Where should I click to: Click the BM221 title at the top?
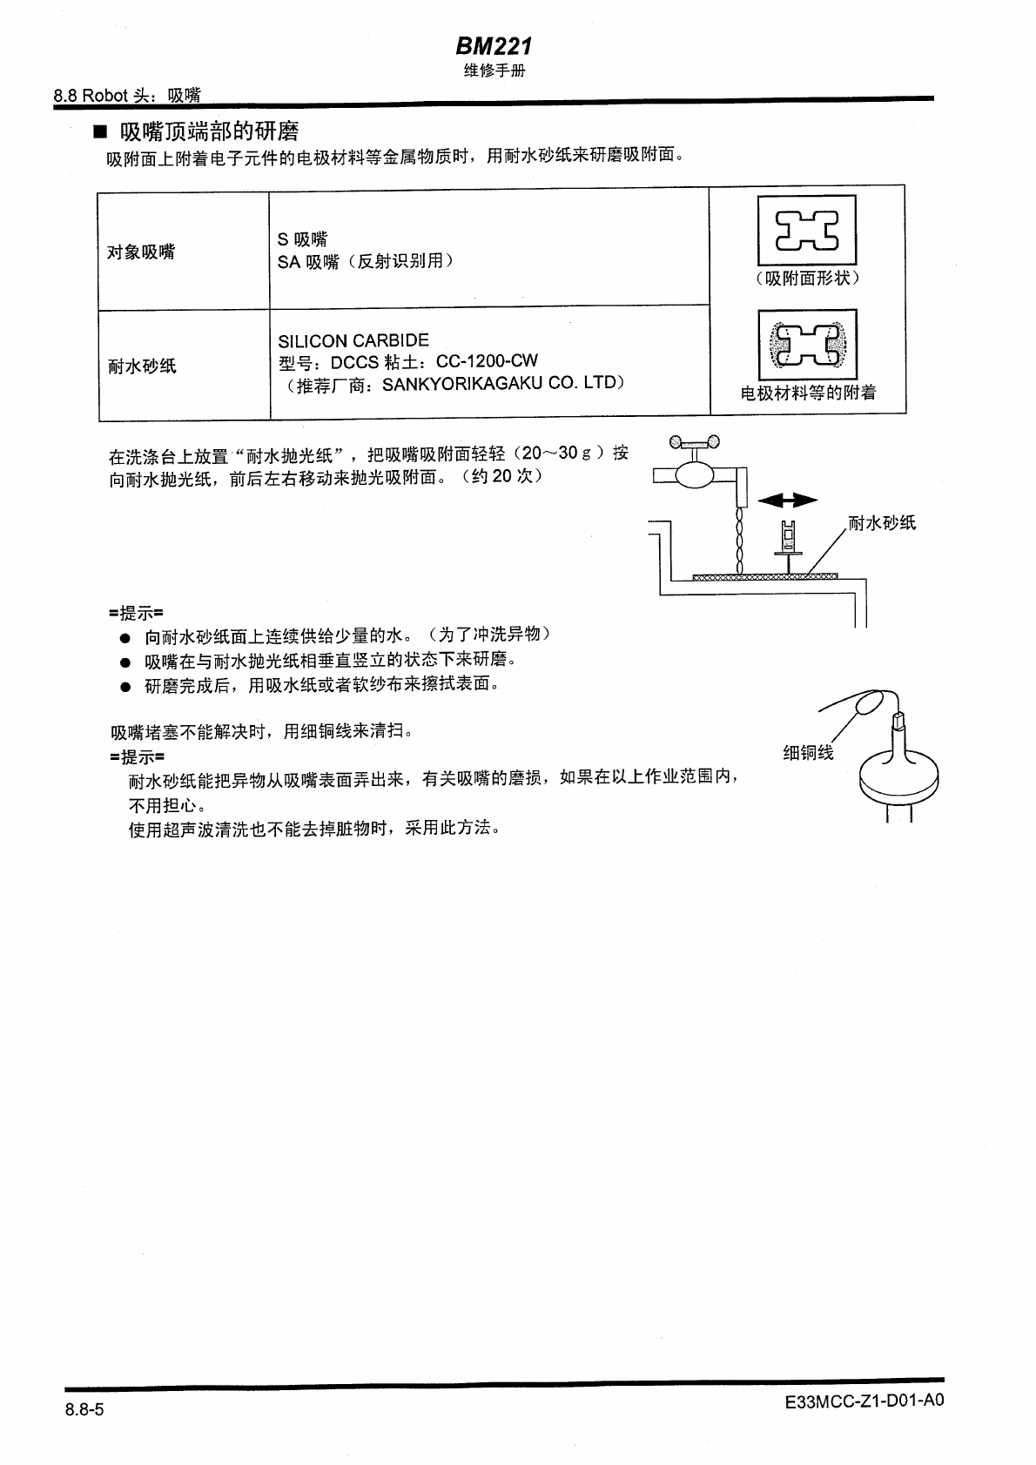tap(494, 46)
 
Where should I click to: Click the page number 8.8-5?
tap(84, 1409)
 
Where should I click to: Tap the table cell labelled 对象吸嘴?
tap(141, 252)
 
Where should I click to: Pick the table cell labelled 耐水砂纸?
tap(142, 366)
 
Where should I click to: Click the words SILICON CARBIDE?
tap(353, 340)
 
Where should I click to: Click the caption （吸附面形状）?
tap(807, 279)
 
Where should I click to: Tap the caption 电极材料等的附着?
tap(808, 393)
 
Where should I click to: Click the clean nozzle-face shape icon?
tap(807, 230)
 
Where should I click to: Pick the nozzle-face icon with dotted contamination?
tap(807, 345)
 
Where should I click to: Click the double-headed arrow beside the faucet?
tap(788, 500)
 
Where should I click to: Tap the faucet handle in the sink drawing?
tap(695, 443)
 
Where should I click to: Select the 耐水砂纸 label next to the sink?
tap(882, 523)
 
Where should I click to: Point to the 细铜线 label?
tap(808, 753)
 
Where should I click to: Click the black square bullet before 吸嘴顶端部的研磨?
tap(100, 133)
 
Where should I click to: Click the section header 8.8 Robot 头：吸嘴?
tap(127, 96)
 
